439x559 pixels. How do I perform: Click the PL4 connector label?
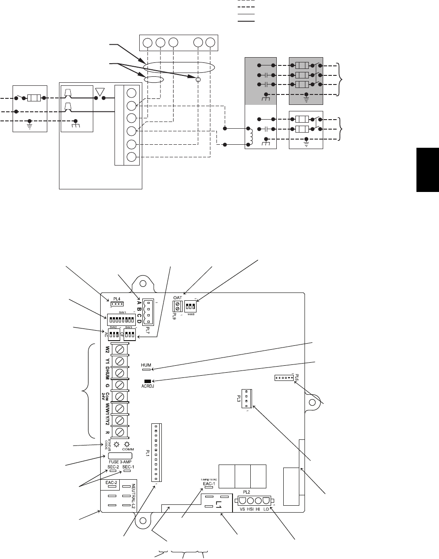tap(116, 299)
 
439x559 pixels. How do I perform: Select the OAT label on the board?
tap(177, 298)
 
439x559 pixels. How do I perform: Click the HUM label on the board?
tap(146, 365)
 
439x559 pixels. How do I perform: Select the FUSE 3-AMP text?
tap(120, 462)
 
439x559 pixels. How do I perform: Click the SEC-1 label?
tap(128, 467)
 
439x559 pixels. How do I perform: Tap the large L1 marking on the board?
tap(218, 505)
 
